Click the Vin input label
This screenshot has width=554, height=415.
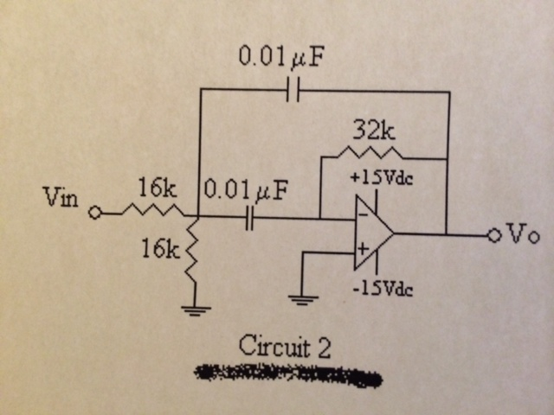(61, 200)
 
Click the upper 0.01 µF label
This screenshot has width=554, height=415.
(286, 58)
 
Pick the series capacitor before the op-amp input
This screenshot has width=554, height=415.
(250, 218)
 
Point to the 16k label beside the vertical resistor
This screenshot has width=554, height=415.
(159, 252)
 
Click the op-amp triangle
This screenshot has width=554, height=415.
(371, 233)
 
